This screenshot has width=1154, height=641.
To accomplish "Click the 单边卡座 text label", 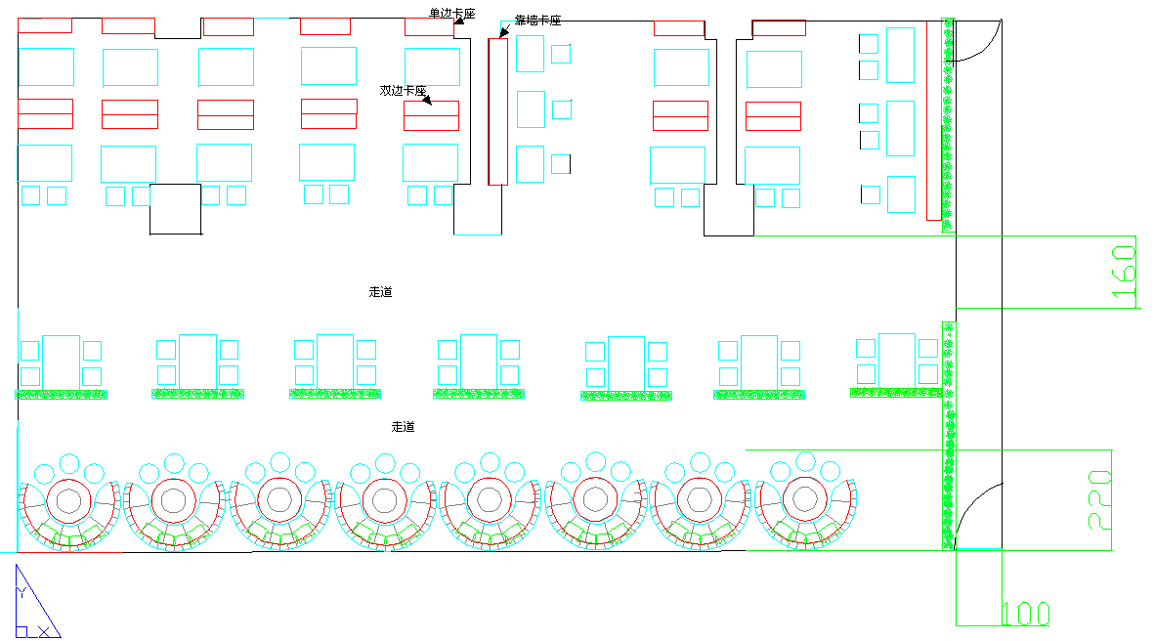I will click(x=451, y=14).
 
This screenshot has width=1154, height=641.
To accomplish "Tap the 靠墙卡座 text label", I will click(x=537, y=21).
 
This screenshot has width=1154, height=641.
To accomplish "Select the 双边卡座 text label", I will click(x=404, y=90).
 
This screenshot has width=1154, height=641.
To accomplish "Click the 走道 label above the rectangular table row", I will click(x=381, y=292).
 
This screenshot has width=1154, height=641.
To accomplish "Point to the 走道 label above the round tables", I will click(x=404, y=427).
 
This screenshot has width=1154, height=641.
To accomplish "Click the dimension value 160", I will click(x=1124, y=273).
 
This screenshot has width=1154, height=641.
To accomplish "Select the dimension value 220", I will click(x=1099, y=498).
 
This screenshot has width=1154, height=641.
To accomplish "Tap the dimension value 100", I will click(x=1026, y=615).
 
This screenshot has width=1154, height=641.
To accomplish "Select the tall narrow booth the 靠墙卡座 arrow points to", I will click(x=498, y=111).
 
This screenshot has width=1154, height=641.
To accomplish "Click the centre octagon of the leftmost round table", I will click(x=69, y=501).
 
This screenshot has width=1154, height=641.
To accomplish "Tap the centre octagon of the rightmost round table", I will click(x=805, y=500).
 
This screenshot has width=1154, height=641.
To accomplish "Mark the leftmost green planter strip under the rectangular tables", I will click(x=61, y=395).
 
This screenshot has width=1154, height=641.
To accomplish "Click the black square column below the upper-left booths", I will click(x=175, y=209).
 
